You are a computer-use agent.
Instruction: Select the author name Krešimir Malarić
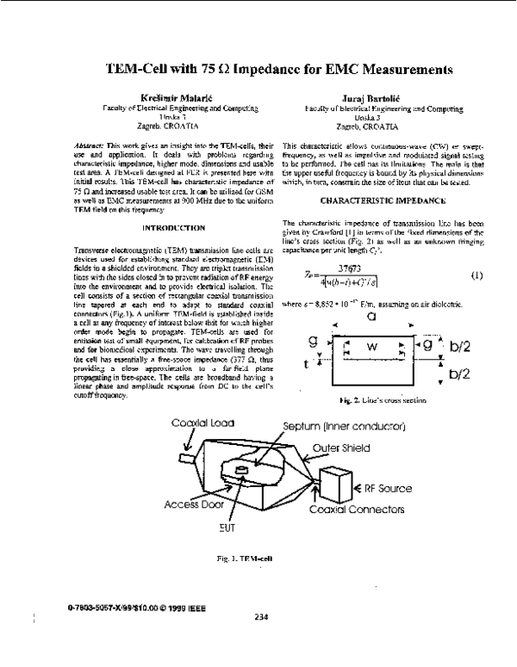pyautogui.click(x=141, y=100)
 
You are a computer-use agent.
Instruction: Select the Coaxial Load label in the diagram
pyautogui.click(x=197, y=423)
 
